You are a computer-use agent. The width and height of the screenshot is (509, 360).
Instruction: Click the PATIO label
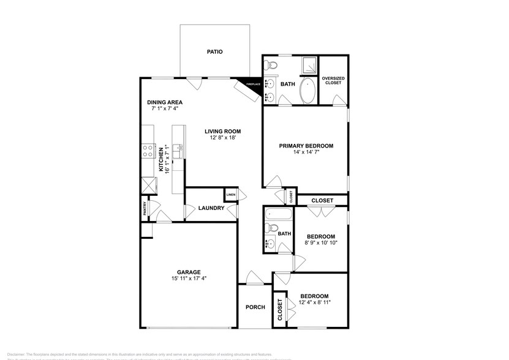(x=214, y=52)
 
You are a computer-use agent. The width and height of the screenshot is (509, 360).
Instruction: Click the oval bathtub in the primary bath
(x=307, y=91)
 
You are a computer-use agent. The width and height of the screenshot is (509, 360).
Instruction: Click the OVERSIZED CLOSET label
(x=333, y=80)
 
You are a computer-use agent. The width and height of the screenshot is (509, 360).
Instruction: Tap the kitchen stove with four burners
(x=148, y=151)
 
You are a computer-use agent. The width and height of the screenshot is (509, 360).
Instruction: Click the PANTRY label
(x=145, y=209)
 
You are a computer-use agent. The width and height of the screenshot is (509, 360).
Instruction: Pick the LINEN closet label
(x=231, y=195)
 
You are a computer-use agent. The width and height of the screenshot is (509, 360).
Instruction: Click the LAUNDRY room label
(x=211, y=208)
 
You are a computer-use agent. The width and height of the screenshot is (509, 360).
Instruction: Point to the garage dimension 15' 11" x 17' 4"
(x=189, y=279)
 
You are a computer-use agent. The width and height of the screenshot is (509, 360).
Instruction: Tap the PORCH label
(x=255, y=307)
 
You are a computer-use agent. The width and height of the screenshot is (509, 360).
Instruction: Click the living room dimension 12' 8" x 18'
(x=222, y=138)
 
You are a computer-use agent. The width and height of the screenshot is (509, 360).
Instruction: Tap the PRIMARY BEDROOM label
(x=306, y=146)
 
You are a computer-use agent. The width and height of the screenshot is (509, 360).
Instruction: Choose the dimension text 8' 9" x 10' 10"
(x=321, y=243)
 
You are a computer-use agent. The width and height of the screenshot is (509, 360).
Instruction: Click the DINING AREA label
(x=165, y=102)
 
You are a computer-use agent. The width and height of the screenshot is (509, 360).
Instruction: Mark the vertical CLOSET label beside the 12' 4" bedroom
(x=280, y=310)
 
